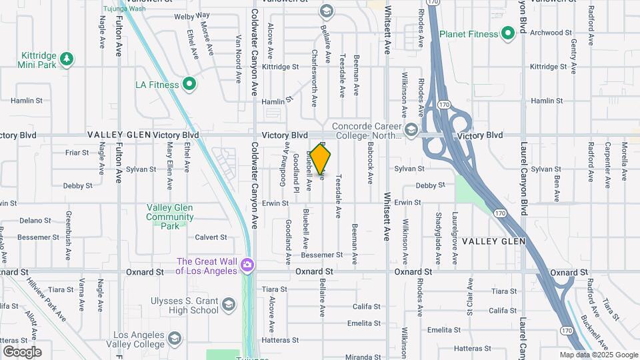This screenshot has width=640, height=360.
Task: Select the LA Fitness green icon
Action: [189, 85]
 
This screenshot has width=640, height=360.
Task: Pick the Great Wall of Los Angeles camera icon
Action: [247, 266]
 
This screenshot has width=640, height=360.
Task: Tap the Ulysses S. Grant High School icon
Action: [229, 305]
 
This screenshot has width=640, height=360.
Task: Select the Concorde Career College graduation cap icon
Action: [411, 129]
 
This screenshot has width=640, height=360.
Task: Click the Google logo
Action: [22, 352]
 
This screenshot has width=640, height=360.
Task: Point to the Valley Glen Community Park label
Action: [170, 217]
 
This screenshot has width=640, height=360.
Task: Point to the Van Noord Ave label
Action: [238, 59]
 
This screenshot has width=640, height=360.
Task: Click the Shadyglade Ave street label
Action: [437, 230]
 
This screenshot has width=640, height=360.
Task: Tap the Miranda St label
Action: [363, 357]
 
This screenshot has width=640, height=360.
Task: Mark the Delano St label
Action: [35, 220]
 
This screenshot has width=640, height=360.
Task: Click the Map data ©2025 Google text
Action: [598, 355]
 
